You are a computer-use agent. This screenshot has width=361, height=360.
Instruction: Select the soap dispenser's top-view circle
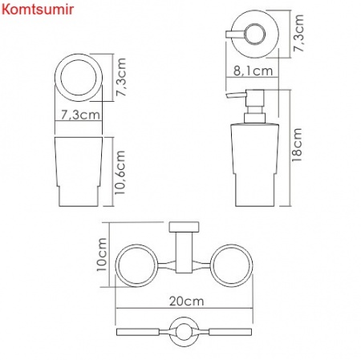point(254,34)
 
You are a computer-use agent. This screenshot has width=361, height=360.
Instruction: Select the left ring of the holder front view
point(138,265)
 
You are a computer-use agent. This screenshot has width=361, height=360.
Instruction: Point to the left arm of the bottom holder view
point(141,331)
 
